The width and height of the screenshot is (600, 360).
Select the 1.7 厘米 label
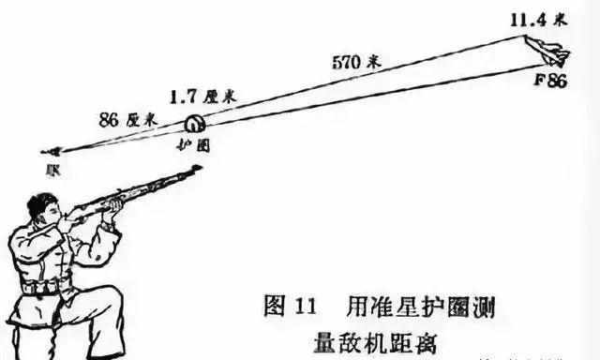[202, 97]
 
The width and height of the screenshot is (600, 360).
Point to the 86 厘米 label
[127, 121]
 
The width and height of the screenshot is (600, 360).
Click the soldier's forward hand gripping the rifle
[113, 203]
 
